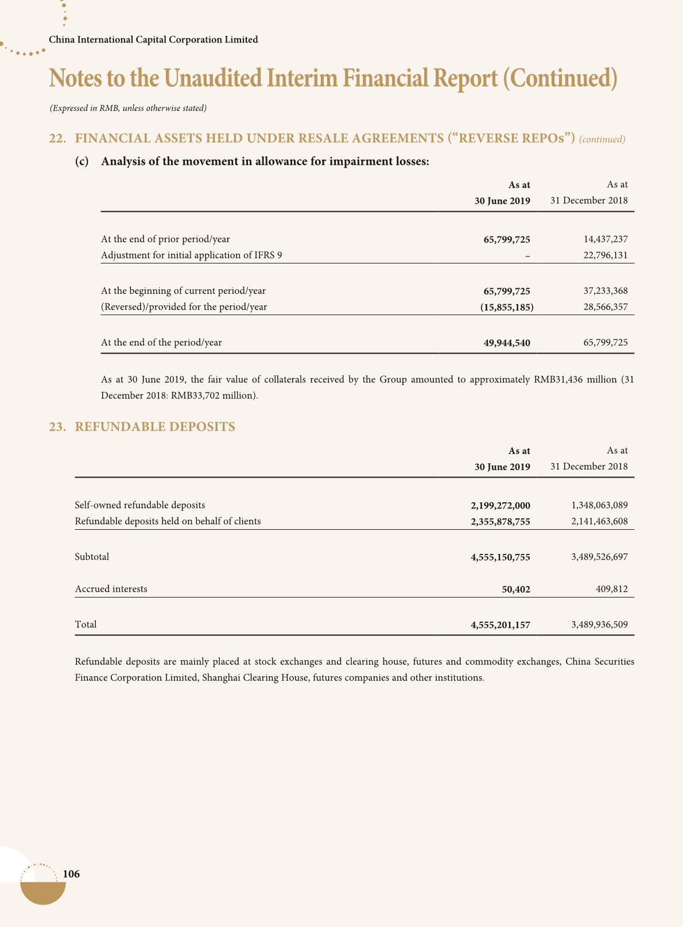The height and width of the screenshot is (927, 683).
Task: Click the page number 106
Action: [71, 874]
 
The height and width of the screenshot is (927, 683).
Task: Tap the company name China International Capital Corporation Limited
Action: [153, 40]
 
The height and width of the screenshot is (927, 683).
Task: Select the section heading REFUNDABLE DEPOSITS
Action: [155, 426]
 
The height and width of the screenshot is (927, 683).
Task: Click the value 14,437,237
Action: [606, 239]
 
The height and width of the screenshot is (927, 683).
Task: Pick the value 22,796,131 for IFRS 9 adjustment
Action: [606, 255]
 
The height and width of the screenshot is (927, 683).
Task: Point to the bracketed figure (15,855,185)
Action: [507, 307]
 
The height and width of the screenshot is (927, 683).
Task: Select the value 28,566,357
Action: [606, 307]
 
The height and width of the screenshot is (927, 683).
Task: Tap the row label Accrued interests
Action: [111, 589]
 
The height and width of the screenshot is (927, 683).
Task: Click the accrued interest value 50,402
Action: [516, 589]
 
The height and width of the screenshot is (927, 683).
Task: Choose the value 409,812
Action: [612, 589]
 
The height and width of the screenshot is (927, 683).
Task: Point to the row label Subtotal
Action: [92, 557]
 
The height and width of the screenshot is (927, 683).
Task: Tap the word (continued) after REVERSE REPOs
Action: [602, 139]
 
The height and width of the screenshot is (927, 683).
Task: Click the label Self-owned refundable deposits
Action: [140, 505]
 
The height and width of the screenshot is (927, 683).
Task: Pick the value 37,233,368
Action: [606, 291]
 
